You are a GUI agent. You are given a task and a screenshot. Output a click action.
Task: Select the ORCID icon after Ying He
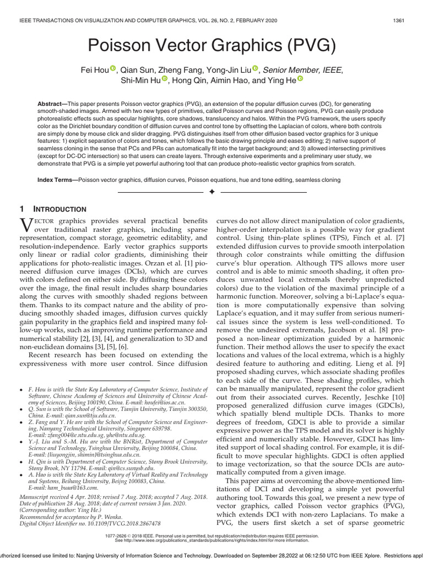tap(300, 80)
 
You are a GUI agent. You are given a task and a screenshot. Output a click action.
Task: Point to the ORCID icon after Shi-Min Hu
tap(165, 80)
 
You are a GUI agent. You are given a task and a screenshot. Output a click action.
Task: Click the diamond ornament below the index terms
tap(211, 192)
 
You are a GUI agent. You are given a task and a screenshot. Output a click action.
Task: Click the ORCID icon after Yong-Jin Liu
tap(256, 69)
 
